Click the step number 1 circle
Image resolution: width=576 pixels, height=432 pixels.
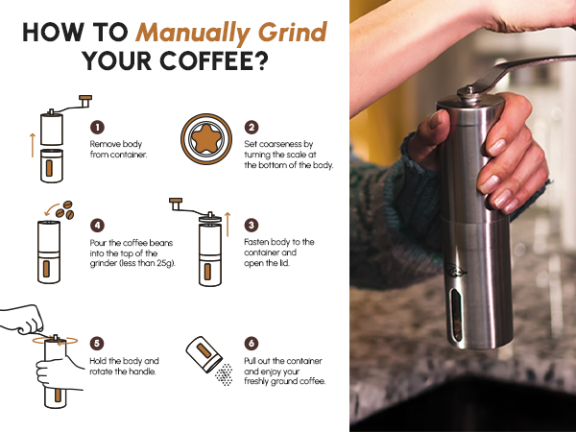97,127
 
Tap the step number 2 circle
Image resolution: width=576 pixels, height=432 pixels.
252,127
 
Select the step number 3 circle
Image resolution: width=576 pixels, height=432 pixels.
252,226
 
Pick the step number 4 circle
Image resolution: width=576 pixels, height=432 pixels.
97,226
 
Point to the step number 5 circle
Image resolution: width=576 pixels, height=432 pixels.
97,344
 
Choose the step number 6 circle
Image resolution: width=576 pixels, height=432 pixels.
252,344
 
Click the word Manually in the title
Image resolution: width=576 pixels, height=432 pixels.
193,33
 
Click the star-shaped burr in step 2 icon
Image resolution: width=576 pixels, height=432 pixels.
206,139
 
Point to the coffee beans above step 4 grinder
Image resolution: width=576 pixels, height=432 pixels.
65,210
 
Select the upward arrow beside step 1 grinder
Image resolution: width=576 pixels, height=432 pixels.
33,146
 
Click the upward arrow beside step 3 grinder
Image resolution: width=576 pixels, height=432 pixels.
228,224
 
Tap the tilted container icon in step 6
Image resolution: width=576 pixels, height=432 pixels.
204,354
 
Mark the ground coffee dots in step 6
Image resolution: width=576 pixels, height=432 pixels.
224,374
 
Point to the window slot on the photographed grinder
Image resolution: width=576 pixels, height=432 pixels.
457,315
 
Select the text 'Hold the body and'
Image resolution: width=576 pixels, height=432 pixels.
124,361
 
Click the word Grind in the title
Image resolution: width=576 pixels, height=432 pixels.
293,32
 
